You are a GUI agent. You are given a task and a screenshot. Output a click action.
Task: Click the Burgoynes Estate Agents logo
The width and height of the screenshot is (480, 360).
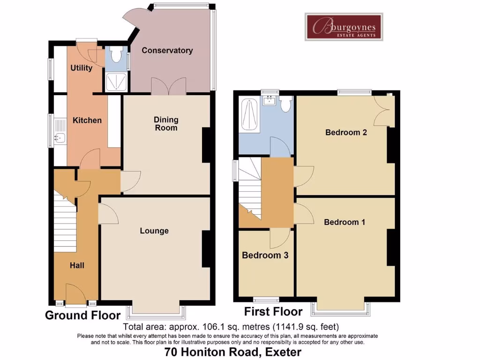click(344, 27)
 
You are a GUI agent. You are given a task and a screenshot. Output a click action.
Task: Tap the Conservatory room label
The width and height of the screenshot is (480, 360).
click(167, 51)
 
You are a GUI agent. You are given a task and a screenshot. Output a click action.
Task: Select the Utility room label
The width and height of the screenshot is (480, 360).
click(81, 68)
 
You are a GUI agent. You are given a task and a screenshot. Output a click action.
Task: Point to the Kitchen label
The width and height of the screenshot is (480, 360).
click(87, 120)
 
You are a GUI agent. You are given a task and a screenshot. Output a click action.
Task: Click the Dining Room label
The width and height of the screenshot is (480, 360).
click(166, 124)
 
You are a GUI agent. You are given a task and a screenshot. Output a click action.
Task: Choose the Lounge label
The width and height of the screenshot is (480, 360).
click(154, 231)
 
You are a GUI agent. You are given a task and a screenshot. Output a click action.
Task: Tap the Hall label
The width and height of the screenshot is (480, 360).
click(77, 265)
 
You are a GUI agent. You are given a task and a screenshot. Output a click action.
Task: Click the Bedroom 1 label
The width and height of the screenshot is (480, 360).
click(345, 222)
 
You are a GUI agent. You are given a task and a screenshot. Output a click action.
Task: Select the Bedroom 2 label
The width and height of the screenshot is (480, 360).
click(346, 132)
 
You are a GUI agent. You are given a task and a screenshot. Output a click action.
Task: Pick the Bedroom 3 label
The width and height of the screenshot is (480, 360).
click(265, 255)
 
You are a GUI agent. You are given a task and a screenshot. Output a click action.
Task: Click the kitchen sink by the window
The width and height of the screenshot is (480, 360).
click(59, 137)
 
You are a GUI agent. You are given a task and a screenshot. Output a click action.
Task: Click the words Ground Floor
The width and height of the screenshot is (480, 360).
click(82, 315)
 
